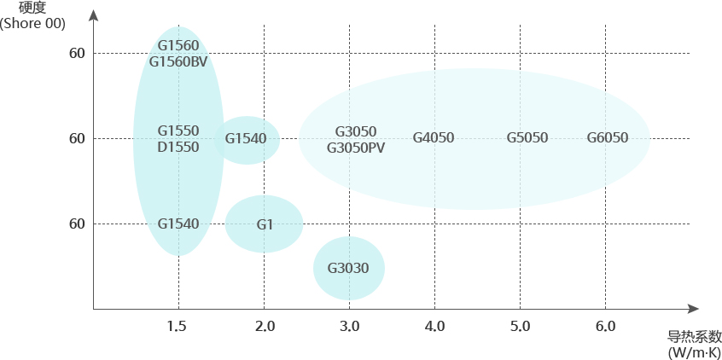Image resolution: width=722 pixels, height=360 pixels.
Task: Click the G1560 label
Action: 178,45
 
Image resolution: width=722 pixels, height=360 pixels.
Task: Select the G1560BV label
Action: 178,61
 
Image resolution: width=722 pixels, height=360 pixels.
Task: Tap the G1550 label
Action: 178,131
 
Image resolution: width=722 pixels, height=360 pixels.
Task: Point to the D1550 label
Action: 178,147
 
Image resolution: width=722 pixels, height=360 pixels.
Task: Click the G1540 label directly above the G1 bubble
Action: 246,138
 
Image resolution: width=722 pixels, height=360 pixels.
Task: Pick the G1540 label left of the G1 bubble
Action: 178,224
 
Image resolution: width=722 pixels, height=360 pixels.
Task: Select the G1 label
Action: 265,224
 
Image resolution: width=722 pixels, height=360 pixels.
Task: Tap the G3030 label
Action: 348,269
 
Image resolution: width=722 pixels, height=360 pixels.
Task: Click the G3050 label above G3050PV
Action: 356,131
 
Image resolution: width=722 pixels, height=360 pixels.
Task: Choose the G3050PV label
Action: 356,148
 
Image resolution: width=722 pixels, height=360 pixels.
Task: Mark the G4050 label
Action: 434,138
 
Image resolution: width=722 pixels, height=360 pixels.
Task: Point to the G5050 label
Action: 527,138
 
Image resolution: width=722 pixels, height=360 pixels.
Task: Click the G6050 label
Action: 608,138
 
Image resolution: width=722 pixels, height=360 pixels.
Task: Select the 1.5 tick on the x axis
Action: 177,326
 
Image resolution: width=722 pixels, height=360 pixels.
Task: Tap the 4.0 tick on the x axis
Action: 434,326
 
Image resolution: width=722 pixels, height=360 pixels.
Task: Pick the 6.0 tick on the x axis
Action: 605,326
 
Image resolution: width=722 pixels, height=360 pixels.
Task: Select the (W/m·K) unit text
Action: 695,352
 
